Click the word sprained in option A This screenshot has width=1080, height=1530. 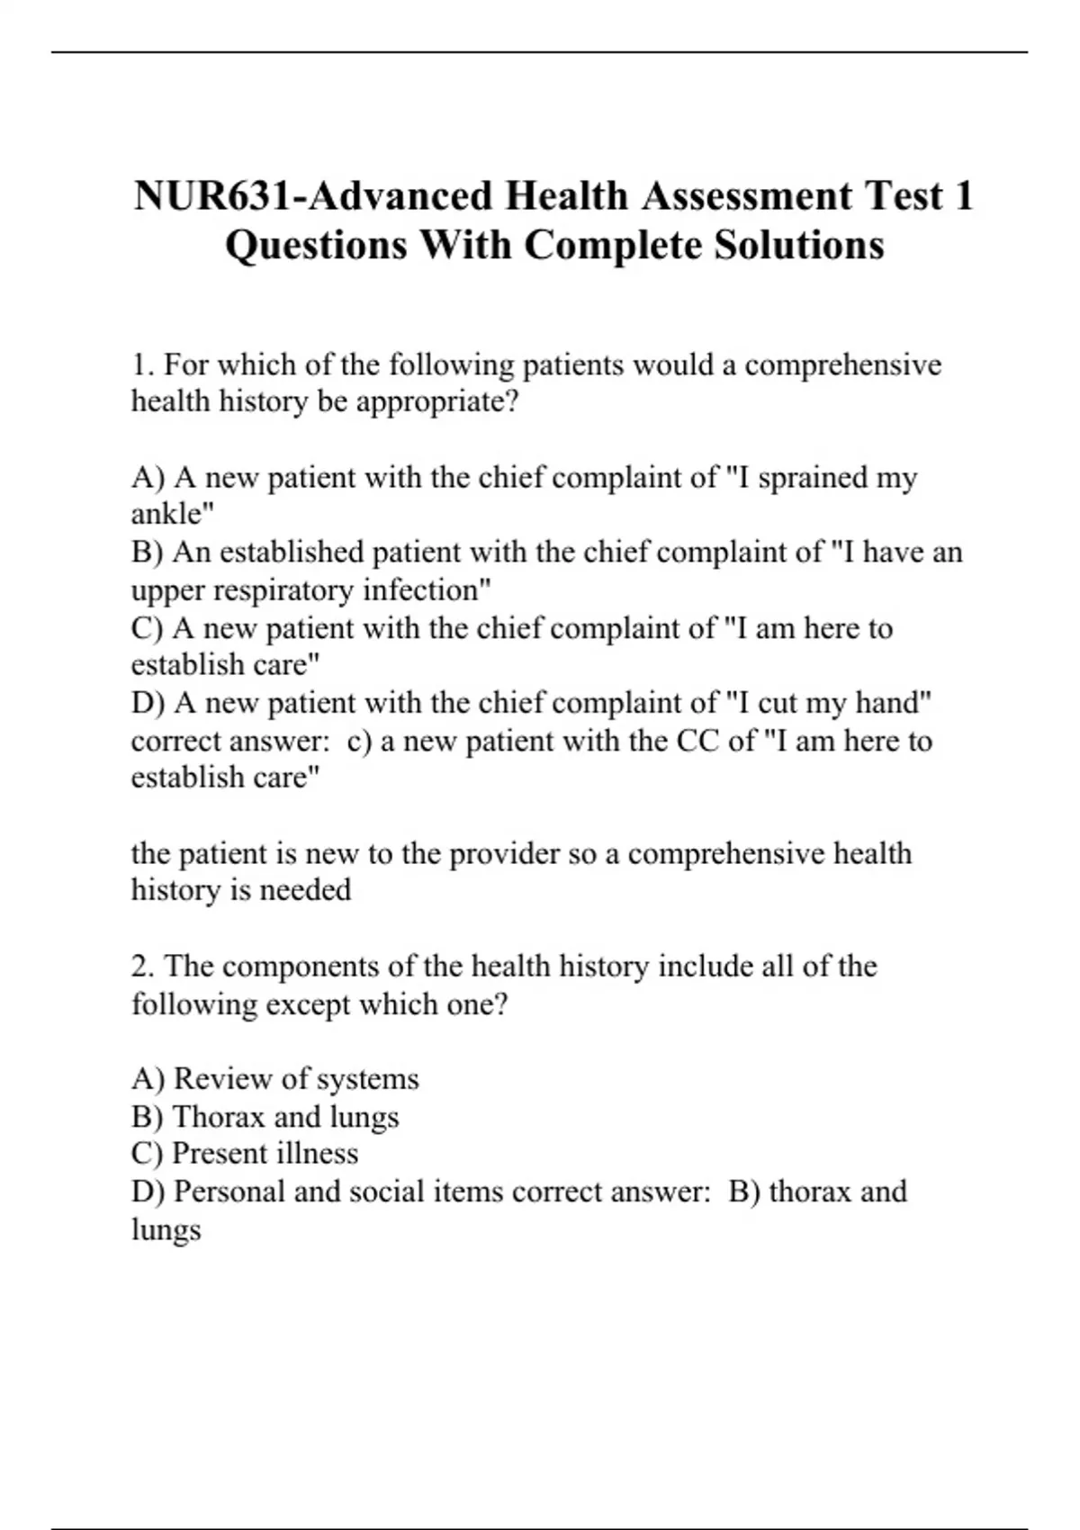(x=813, y=477)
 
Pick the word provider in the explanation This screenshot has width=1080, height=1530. (x=504, y=853)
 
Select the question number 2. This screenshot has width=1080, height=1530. (x=143, y=966)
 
